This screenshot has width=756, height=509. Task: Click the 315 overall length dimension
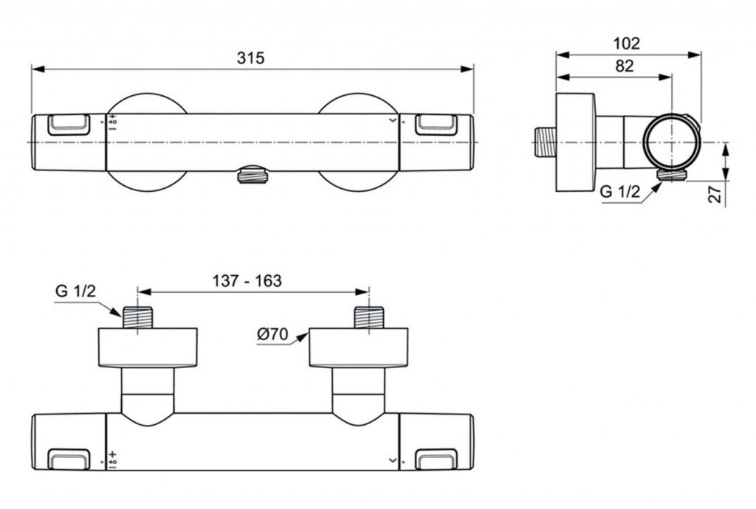pos(251,58)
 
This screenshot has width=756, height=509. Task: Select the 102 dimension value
pos(626,43)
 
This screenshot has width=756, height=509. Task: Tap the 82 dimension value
pos(624,66)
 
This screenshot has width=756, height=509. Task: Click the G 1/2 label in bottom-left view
pos(75,291)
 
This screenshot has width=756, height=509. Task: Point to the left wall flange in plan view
pos(148,348)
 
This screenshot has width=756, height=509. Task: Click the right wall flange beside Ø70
pos(358,348)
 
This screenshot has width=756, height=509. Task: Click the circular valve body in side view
pos(670,142)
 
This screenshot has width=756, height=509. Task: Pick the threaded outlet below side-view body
pos(670,174)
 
